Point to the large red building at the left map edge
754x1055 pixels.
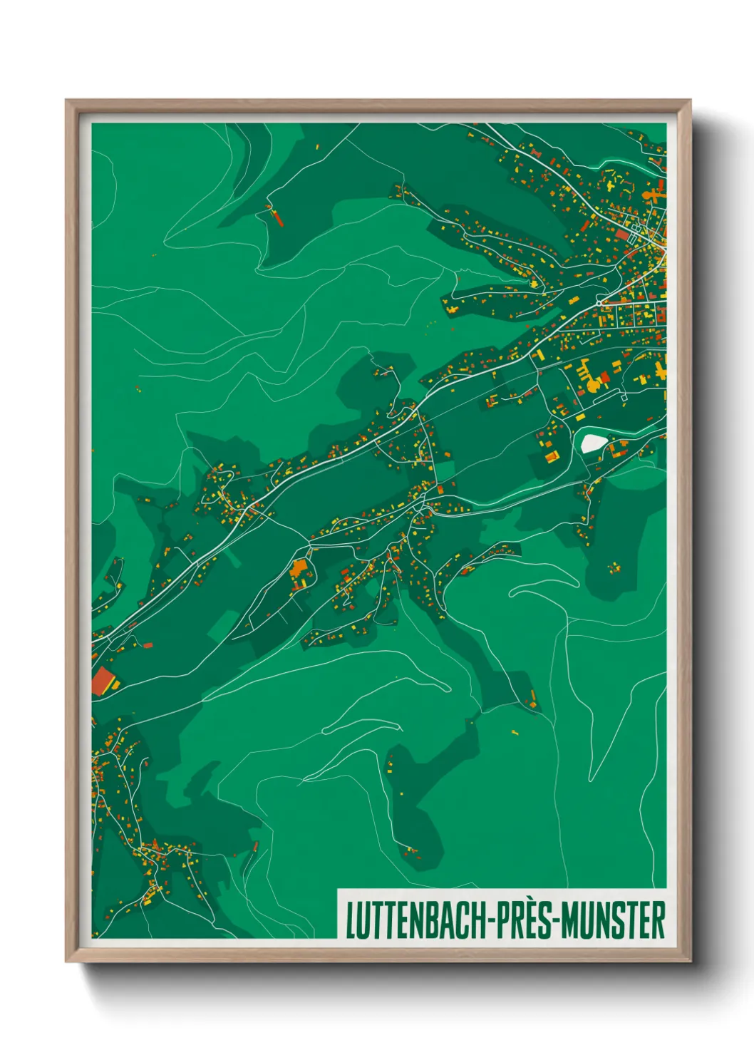pyautogui.click(x=104, y=681)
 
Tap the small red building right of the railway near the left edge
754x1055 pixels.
pyautogui.click(x=148, y=645)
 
